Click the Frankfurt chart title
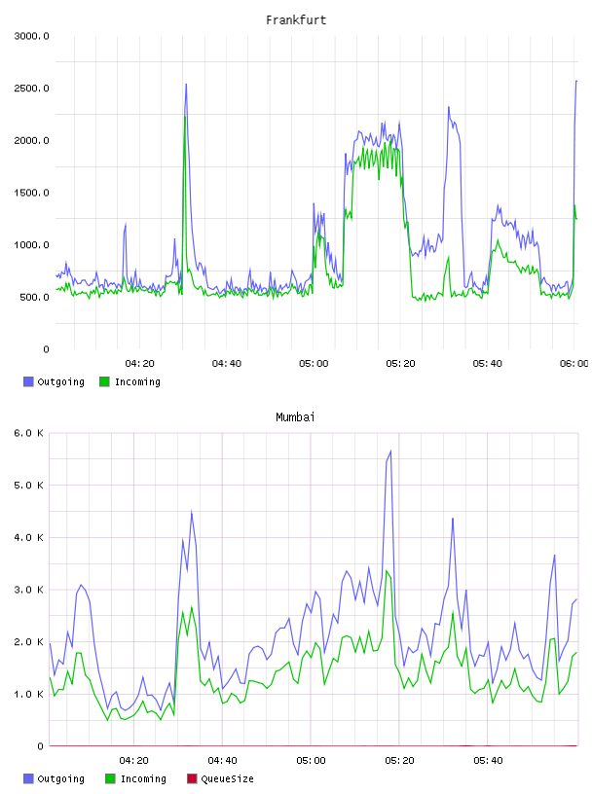click(296, 19)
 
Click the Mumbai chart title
click(295, 416)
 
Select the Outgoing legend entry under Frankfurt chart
click(55, 381)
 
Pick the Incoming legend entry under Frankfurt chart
click(130, 381)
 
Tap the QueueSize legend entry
click(220, 778)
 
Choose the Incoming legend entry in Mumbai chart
click(136, 778)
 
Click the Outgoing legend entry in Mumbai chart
click(55, 778)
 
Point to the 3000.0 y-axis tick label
click(31, 36)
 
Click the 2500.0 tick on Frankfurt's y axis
click(31, 89)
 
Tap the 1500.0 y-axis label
click(31, 193)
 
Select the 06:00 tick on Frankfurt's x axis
click(574, 363)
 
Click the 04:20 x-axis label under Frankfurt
click(140, 363)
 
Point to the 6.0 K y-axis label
click(28, 433)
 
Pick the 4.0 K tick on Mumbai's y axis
click(28, 537)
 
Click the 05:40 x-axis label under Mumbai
click(488, 760)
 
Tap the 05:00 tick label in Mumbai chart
click(312, 760)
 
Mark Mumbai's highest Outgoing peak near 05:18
click(390, 451)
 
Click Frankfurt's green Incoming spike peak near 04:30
click(185, 117)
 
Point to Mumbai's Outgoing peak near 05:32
click(453, 519)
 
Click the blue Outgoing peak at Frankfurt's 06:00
click(576, 81)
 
